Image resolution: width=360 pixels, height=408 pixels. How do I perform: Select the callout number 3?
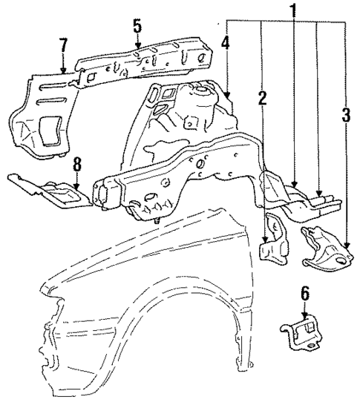pos(346,116)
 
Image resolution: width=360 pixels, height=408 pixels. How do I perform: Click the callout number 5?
pos(137,25)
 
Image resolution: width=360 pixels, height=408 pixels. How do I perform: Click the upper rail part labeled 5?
pos(148,63)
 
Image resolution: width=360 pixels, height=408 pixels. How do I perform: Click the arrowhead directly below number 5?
pos(137,49)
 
